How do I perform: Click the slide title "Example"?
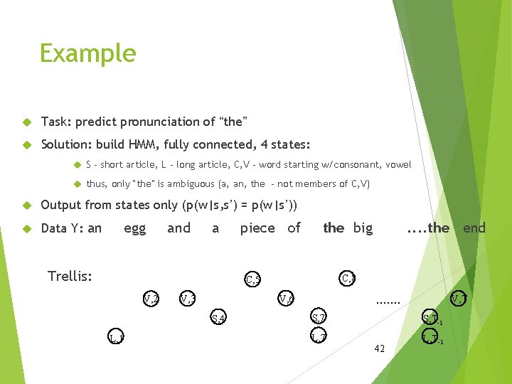tap(87, 53)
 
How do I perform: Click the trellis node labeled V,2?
tap(151, 298)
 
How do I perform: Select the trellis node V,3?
tap(188, 298)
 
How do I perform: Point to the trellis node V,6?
tap(287, 298)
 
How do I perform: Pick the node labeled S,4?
tap(219, 318)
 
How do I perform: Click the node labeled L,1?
tap(116, 336)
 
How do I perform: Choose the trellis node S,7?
tap(319, 317)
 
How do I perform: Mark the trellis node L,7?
tap(319, 336)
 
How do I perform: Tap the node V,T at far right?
tap(459, 298)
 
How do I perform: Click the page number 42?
tap(379, 348)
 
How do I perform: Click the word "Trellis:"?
tap(69, 276)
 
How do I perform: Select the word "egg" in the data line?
tap(134, 228)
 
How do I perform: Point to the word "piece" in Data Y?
tap(257, 228)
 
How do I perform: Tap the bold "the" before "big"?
tap(334, 228)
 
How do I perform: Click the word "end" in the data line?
tap(474, 228)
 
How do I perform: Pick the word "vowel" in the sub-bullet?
tap(398, 165)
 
